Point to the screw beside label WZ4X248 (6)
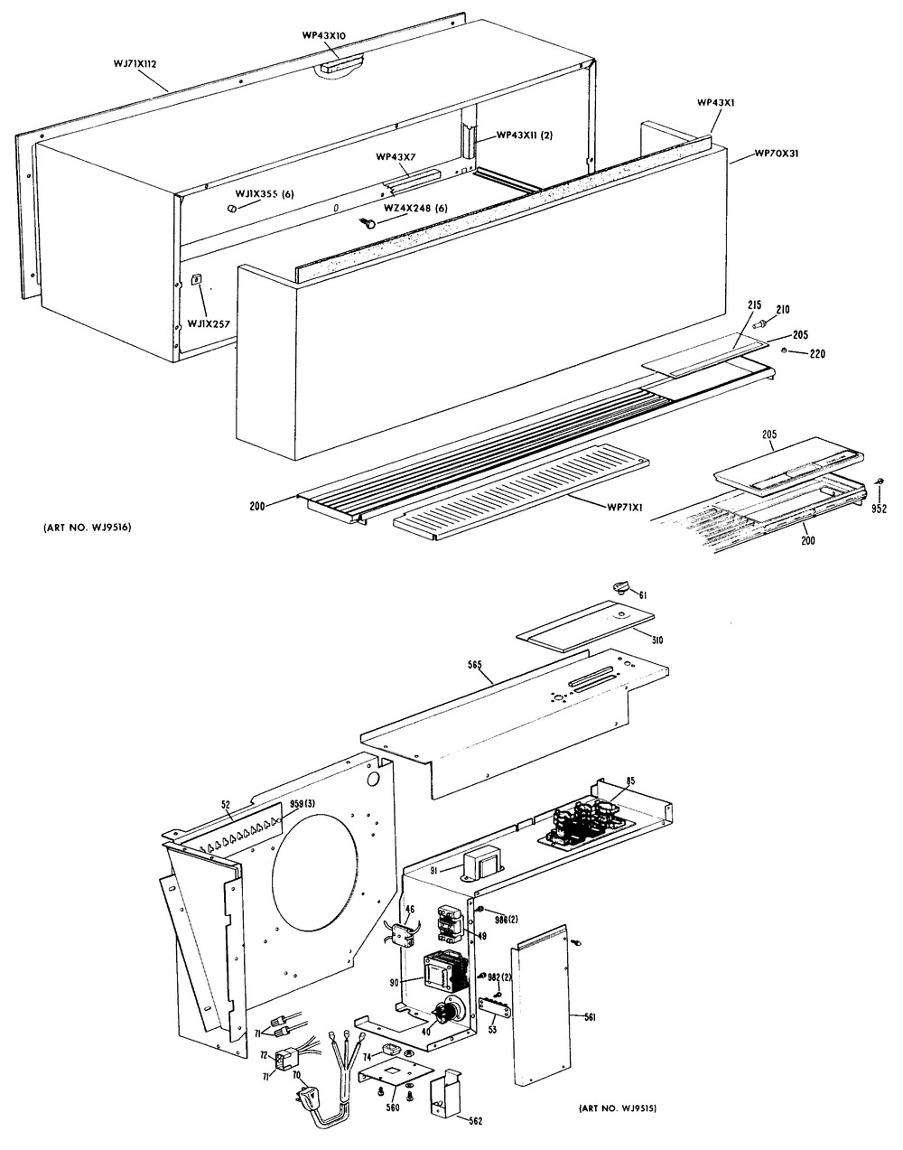pyautogui.click(x=368, y=222)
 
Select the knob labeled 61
pyautogui.click(x=619, y=588)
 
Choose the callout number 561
pyautogui.click(x=590, y=1017)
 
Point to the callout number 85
pyautogui.click(x=629, y=781)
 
